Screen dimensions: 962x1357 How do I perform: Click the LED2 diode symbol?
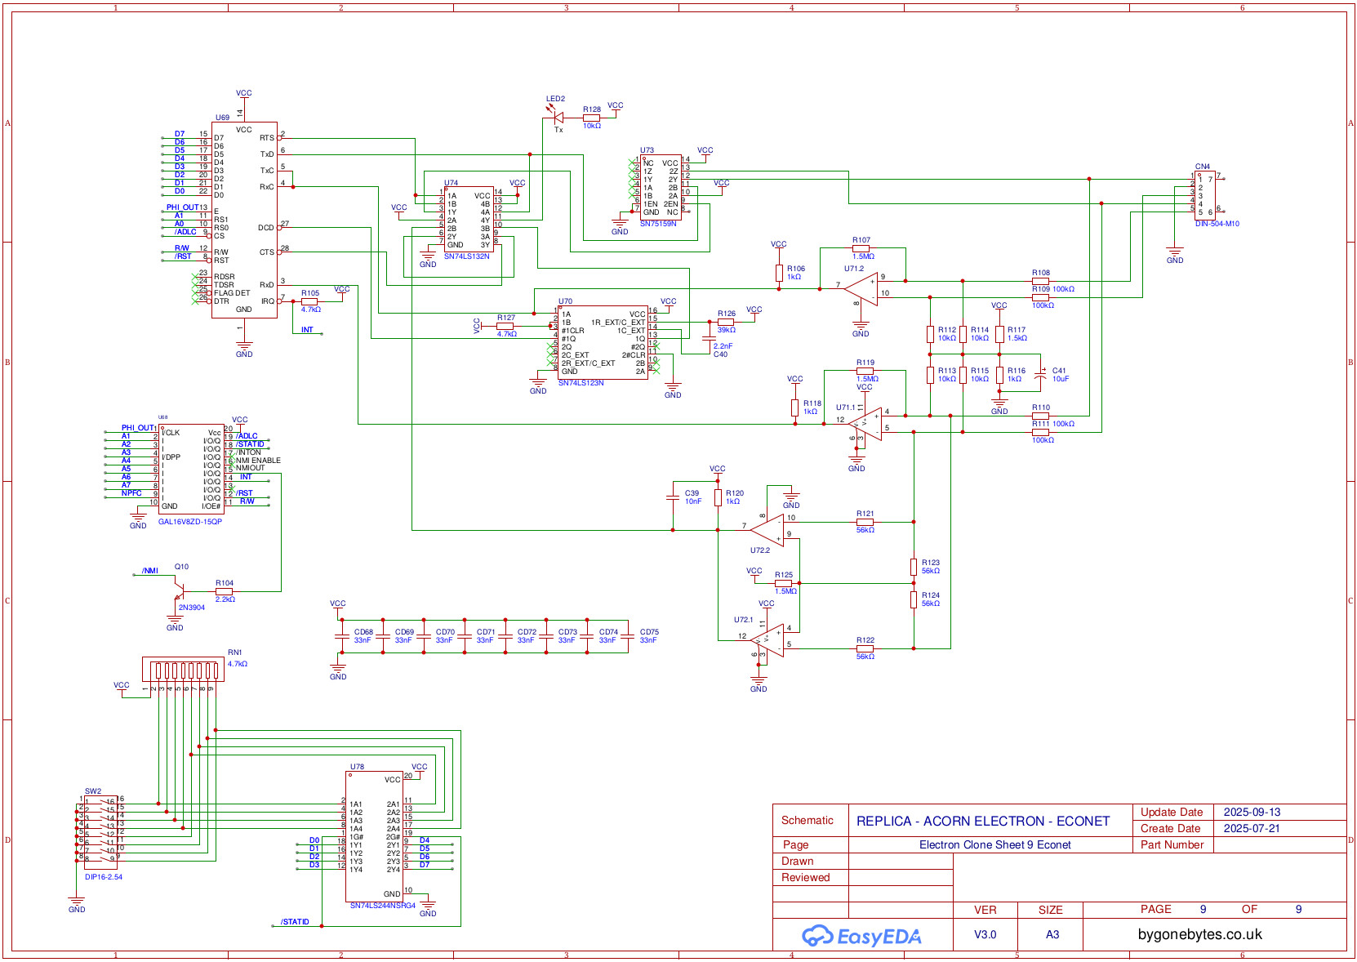pyautogui.click(x=558, y=118)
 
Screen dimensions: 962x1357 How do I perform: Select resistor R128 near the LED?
pyautogui.click(x=592, y=118)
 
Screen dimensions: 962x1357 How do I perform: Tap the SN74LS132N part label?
pyautogui.click(x=466, y=256)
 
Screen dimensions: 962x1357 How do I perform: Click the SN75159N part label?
pyautogui.click(x=658, y=224)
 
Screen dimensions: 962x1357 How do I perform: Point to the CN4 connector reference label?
pyautogui.click(x=1202, y=167)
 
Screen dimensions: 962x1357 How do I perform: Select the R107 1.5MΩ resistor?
pyautogui.click(x=861, y=248)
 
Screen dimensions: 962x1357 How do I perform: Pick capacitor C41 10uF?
pyautogui.click(x=1040, y=375)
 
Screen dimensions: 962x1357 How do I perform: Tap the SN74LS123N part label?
pyautogui.click(x=581, y=383)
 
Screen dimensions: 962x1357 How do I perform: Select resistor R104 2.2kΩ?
pyautogui.click(x=224, y=591)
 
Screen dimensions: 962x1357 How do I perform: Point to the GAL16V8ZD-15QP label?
pyautogui.click(x=189, y=522)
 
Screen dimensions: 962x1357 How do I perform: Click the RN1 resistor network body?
pyautogui.click(x=183, y=670)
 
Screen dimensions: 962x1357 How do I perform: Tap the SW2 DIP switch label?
pyautogui.click(x=93, y=791)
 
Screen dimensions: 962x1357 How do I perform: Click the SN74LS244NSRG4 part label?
pyautogui.click(x=382, y=906)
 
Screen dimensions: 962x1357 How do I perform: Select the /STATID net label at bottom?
pyautogui.click(x=295, y=922)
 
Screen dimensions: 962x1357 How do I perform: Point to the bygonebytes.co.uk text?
pyautogui.click(x=1199, y=935)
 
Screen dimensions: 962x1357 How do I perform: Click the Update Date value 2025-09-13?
pyautogui.click(x=1252, y=813)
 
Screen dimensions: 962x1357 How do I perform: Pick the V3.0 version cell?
pyautogui.click(x=985, y=935)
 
